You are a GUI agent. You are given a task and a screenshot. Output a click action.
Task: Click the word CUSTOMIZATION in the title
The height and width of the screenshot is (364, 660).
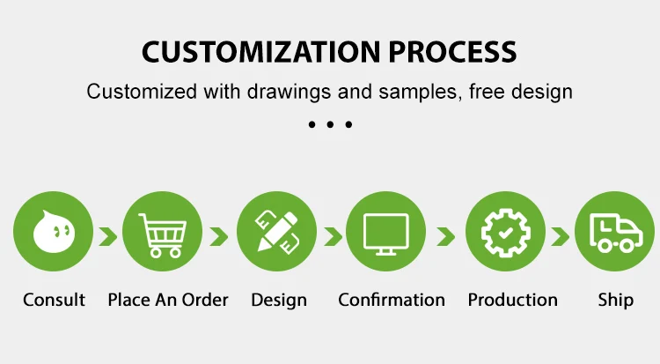click(261, 52)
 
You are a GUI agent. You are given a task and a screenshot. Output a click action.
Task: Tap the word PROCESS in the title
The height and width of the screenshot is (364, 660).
click(452, 52)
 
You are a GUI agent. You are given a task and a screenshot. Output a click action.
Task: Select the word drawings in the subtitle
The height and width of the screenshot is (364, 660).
click(289, 93)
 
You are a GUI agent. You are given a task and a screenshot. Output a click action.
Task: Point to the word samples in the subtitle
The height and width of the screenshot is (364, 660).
click(417, 92)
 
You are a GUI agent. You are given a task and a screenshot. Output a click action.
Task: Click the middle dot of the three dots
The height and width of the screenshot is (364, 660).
click(330, 124)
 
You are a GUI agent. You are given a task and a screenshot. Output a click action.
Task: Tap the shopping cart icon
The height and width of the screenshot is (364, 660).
click(163, 235)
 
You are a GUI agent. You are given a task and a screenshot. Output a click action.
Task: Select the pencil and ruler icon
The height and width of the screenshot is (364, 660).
click(277, 232)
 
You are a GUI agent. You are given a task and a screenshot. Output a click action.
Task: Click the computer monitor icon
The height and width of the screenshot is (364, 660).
click(386, 234)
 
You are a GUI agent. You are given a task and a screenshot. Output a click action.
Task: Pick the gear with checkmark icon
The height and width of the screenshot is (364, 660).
click(505, 233)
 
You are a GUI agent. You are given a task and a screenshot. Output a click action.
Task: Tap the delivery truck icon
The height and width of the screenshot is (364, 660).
click(616, 233)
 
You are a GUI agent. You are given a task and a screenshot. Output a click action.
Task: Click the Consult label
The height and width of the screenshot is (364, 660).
click(54, 300)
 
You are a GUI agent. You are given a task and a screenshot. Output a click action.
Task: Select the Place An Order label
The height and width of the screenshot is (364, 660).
click(168, 300)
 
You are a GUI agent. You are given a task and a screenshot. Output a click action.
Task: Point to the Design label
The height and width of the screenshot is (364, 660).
click(279, 301)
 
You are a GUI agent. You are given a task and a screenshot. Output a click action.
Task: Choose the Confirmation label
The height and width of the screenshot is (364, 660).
click(392, 300)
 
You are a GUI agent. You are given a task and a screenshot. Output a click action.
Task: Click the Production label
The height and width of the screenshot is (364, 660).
click(513, 300)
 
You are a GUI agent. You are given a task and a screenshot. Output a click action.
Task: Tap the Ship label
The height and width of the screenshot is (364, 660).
click(615, 301)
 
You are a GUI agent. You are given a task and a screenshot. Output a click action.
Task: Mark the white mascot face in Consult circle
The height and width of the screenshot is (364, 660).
click(54, 232)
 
